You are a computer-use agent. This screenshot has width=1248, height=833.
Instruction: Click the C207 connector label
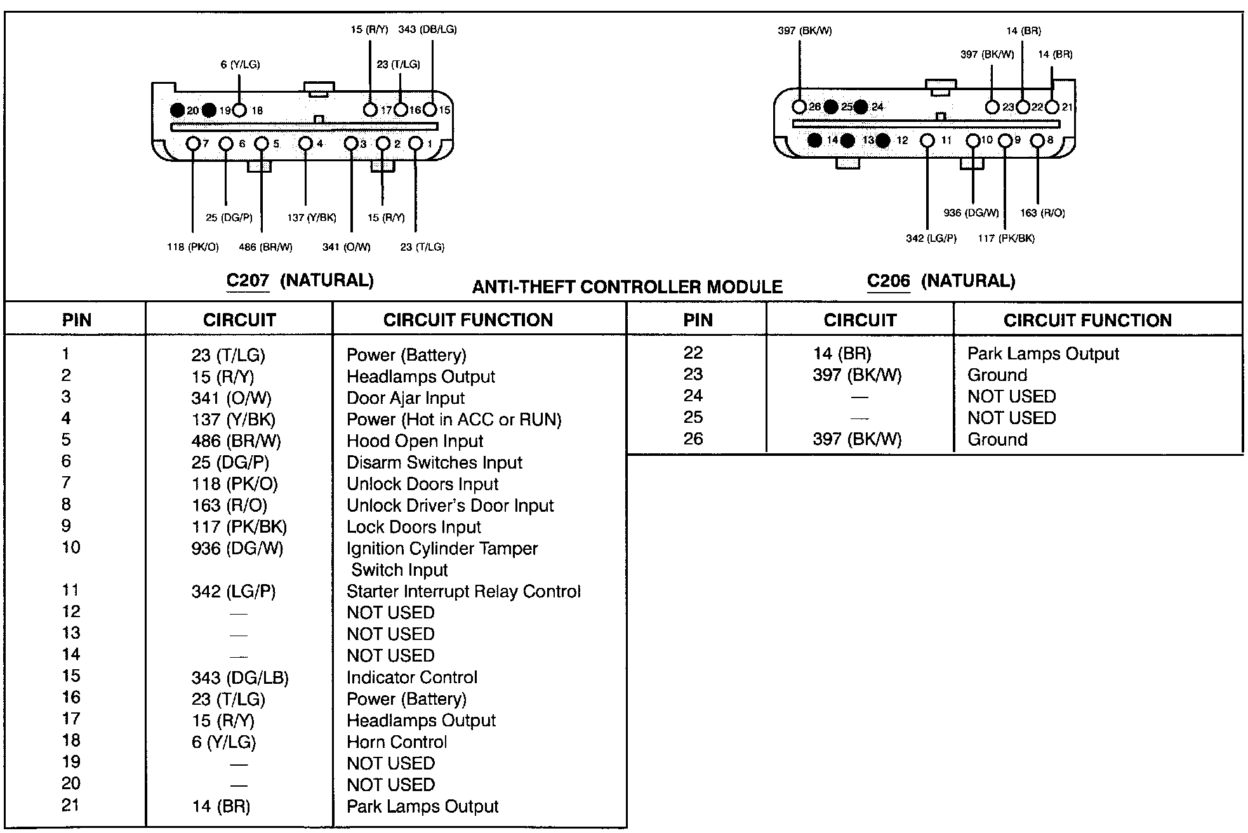(x=248, y=281)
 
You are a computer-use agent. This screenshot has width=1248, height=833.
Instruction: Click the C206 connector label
(x=888, y=281)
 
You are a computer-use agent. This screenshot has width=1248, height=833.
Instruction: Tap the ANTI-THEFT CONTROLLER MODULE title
(x=627, y=287)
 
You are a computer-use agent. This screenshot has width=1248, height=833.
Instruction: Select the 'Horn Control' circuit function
(x=397, y=742)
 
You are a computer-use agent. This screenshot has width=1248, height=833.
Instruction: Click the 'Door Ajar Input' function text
(x=405, y=398)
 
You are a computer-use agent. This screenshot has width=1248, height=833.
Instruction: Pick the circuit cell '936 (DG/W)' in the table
(x=237, y=548)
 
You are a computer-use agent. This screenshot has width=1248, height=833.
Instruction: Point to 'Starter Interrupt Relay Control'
(x=463, y=591)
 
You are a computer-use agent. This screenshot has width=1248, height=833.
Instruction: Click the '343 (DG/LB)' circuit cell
(x=240, y=677)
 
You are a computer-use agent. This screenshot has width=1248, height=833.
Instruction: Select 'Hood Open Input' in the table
(x=415, y=441)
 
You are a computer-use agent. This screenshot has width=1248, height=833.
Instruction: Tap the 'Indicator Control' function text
(x=411, y=677)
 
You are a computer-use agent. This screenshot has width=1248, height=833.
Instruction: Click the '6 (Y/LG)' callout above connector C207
(x=240, y=64)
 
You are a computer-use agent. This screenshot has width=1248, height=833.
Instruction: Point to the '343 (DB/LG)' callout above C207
(x=427, y=29)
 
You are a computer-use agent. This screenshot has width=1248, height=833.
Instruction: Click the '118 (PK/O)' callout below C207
(x=192, y=247)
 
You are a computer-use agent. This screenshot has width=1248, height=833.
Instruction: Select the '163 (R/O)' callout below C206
(x=1042, y=213)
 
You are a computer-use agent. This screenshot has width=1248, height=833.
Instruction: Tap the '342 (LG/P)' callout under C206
(x=931, y=238)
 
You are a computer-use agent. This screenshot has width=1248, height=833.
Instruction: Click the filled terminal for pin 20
(x=178, y=110)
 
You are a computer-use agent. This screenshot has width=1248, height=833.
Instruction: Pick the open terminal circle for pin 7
(x=193, y=143)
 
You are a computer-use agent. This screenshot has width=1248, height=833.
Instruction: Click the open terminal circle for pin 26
(x=800, y=106)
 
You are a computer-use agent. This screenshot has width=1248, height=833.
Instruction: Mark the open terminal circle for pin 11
(x=927, y=140)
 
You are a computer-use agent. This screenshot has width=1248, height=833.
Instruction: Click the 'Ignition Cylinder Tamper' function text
(x=442, y=548)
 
